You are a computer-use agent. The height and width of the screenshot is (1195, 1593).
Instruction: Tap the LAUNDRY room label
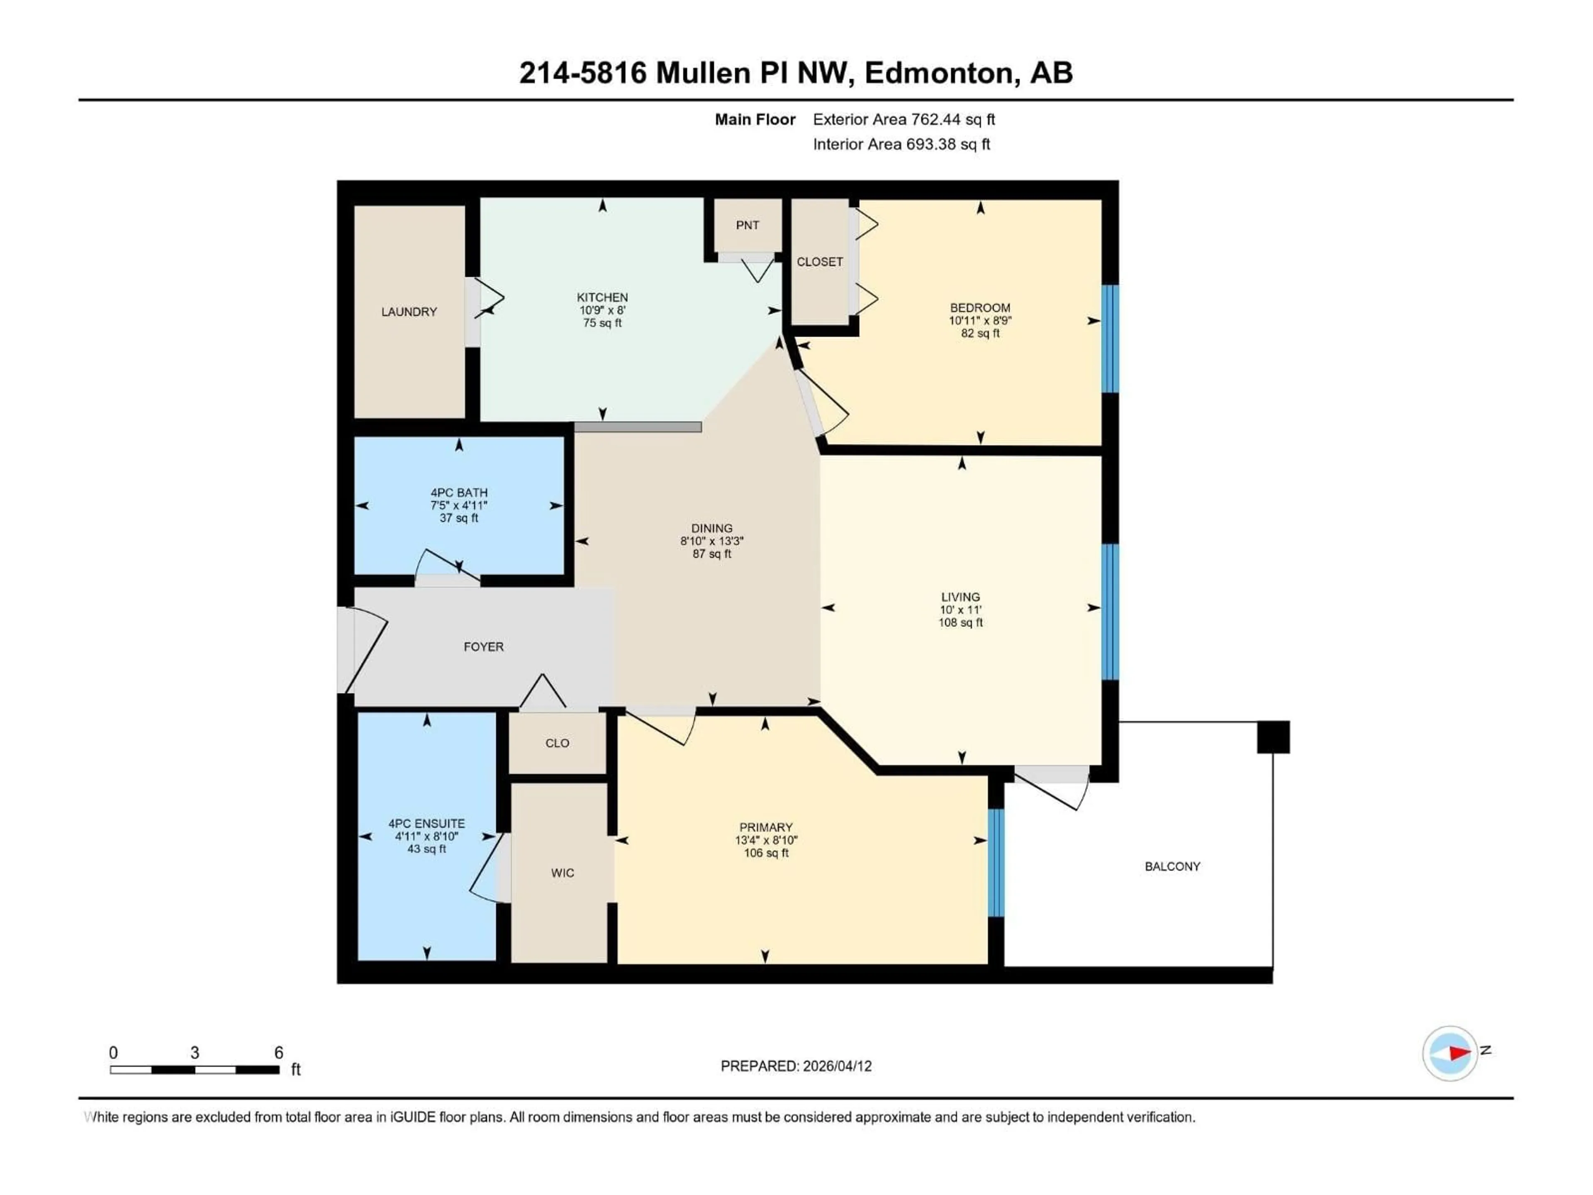(x=409, y=312)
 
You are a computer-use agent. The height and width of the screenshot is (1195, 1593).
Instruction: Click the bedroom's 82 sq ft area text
(x=980, y=334)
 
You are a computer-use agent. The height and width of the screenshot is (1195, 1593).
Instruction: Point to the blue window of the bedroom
(x=1111, y=339)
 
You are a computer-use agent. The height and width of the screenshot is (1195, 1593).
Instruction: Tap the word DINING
(x=711, y=528)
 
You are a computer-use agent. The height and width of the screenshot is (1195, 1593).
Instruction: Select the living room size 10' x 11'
(x=960, y=610)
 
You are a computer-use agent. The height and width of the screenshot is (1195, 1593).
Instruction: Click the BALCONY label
(x=1172, y=866)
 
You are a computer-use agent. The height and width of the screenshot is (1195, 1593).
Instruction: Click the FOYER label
(x=483, y=647)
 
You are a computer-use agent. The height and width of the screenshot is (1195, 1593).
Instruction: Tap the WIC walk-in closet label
(x=563, y=873)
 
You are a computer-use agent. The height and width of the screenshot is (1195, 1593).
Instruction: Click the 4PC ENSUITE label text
(x=426, y=823)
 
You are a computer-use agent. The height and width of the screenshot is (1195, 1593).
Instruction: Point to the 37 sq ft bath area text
(x=459, y=518)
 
